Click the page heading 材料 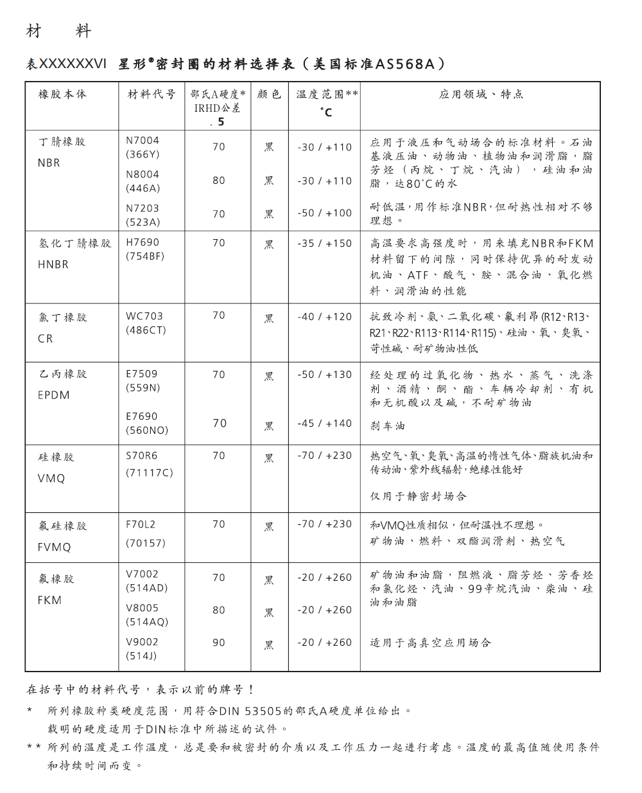[59, 31]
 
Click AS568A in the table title [405, 64]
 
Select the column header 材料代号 [152, 94]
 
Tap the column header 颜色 [269, 94]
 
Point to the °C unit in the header [326, 112]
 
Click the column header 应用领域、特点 [481, 94]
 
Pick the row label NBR [49, 163]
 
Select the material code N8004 [143, 174]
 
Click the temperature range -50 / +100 [324, 213]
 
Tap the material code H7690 [143, 242]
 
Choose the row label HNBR [53, 264]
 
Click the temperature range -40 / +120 [324, 317]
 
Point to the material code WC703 [144, 316]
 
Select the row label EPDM [54, 395]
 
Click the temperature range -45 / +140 [324, 423]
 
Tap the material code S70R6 [142, 456]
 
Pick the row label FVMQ [55, 548]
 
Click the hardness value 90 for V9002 [219, 642]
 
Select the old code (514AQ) [147, 621]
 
